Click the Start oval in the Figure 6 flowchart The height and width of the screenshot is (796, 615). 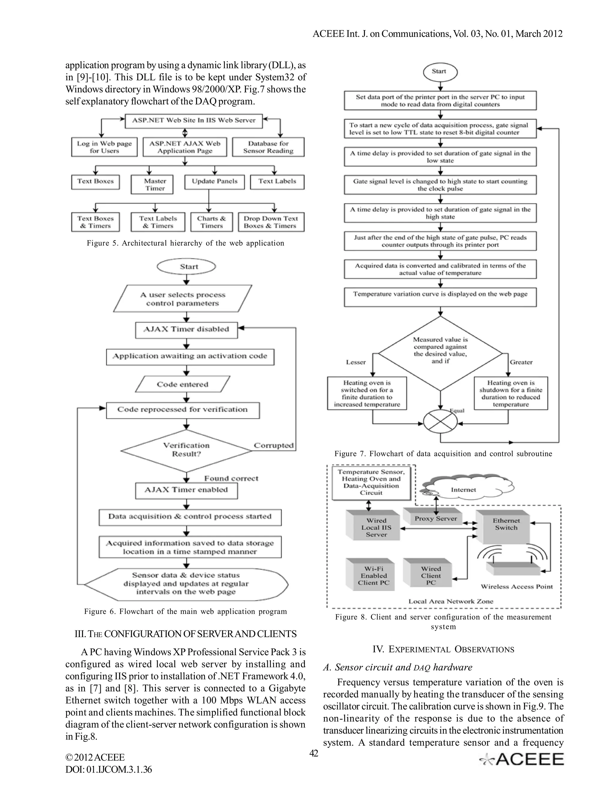[x=186, y=266]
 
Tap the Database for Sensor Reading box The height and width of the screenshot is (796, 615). [x=268, y=147]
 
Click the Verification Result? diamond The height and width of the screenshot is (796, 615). [x=186, y=451]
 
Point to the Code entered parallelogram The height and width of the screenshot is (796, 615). [x=183, y=384]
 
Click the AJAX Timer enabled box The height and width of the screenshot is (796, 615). [x=186, y=490]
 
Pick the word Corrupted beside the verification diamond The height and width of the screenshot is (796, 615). [x=274, y=445]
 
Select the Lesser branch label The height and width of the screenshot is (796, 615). [x=356, y=362]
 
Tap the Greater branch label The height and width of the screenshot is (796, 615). [x=521, y=362]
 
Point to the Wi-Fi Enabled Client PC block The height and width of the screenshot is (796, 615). [x=373, y=576]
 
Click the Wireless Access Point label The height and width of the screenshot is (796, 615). [x=516, y=586]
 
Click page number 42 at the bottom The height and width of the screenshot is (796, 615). [x=314, y=753]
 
